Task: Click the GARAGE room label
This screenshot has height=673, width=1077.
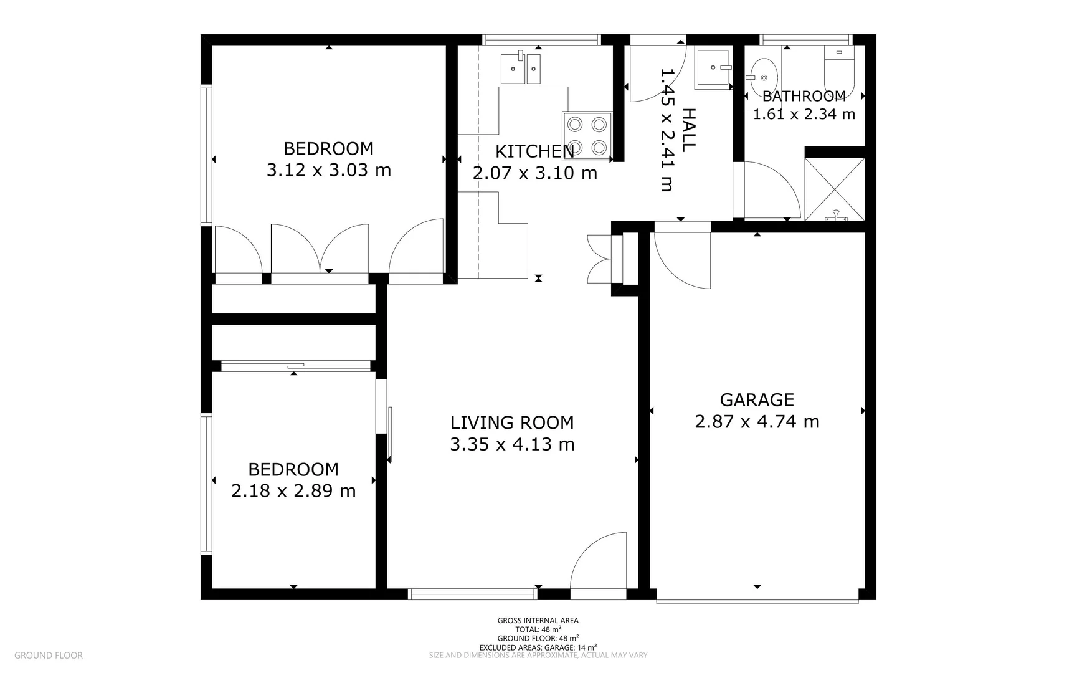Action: (757, 400)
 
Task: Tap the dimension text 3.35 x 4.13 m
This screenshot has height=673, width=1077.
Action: (512, 444)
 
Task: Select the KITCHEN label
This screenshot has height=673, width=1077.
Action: (534, 151)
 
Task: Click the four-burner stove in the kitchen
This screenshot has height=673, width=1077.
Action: (587, 136)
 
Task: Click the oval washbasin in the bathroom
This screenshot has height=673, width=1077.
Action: (763, 76)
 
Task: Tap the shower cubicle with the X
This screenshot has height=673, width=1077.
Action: (834, 189)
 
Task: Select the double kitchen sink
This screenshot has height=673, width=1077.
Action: (521, 67)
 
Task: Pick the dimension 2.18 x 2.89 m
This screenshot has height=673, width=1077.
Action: (293, 491)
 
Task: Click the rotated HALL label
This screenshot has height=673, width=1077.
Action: (688, 130)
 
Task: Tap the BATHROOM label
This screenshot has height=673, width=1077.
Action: (804, 97)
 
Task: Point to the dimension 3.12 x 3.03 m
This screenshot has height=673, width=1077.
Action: (329, 170)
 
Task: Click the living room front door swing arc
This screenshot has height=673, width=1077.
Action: (599, 561)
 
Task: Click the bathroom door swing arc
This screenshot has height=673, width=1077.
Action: (772, 190)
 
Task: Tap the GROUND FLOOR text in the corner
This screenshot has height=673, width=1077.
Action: (49, 655)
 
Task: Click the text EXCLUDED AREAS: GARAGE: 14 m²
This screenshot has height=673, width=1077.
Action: (538, 647)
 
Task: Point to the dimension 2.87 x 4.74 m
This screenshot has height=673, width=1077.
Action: (757, 422)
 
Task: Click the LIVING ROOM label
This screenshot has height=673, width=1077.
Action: (512, 422)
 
